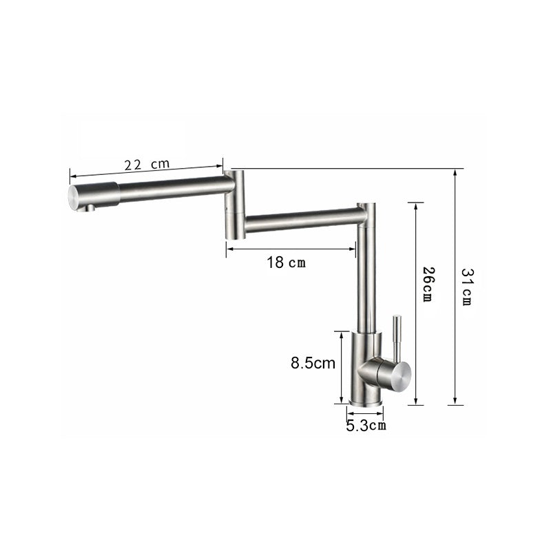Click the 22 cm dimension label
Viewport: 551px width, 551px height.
[146, 165]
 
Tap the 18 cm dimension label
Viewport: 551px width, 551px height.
[287, 262]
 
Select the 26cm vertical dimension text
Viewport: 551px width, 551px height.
[427, 283]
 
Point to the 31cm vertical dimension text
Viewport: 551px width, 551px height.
[466, 287]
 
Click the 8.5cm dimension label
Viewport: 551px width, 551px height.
[313, 363]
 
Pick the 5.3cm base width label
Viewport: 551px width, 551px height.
[366, 426]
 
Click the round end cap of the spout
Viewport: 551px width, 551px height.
[76, 196]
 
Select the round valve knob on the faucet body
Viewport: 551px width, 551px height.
[397, 373]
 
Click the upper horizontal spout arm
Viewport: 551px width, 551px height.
[172, 187]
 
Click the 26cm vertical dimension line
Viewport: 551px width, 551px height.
[415, 303]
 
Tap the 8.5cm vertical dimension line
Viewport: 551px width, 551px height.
[341, 367]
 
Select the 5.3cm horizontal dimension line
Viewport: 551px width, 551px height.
[365, 414]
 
